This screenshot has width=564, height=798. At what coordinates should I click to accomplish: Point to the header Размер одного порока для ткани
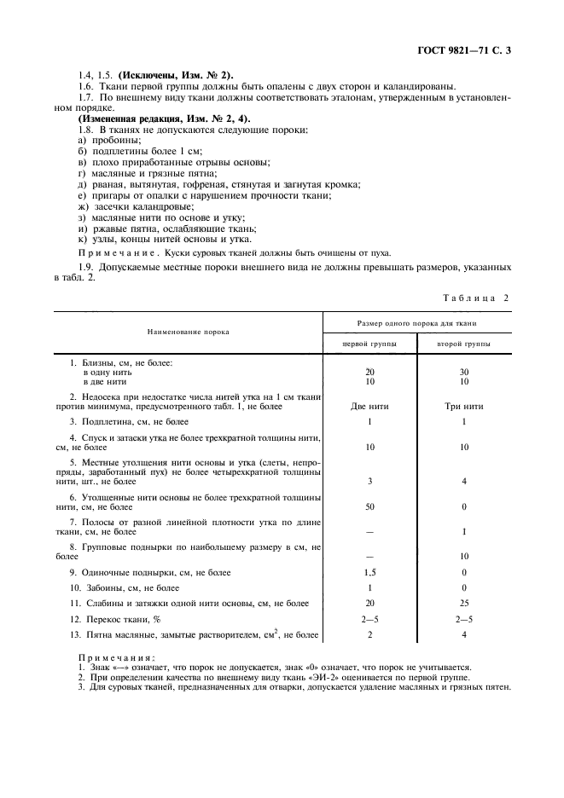pos(416,323)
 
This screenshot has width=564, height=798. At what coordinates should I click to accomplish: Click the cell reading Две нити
pos(369,406)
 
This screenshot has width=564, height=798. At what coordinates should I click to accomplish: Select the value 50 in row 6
pos(369,506)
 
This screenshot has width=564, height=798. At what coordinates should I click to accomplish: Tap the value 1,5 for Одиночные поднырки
pos(369,572)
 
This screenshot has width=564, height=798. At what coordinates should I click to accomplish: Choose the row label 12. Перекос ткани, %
pos(115,618)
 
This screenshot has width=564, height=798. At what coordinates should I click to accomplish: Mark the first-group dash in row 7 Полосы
pos(369,531)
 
